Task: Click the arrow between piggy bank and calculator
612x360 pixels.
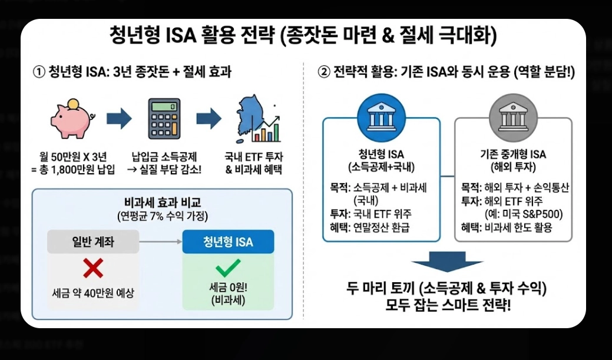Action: coord(118,119)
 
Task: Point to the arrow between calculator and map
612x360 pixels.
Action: coord(209,119)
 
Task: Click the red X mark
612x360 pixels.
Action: coord(93,268)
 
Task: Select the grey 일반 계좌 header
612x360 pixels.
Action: coord(93,242)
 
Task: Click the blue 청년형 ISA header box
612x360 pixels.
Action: coord(228,242)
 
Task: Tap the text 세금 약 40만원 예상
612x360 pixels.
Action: coord(93,293)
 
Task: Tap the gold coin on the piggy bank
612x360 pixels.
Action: coord(72,104)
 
